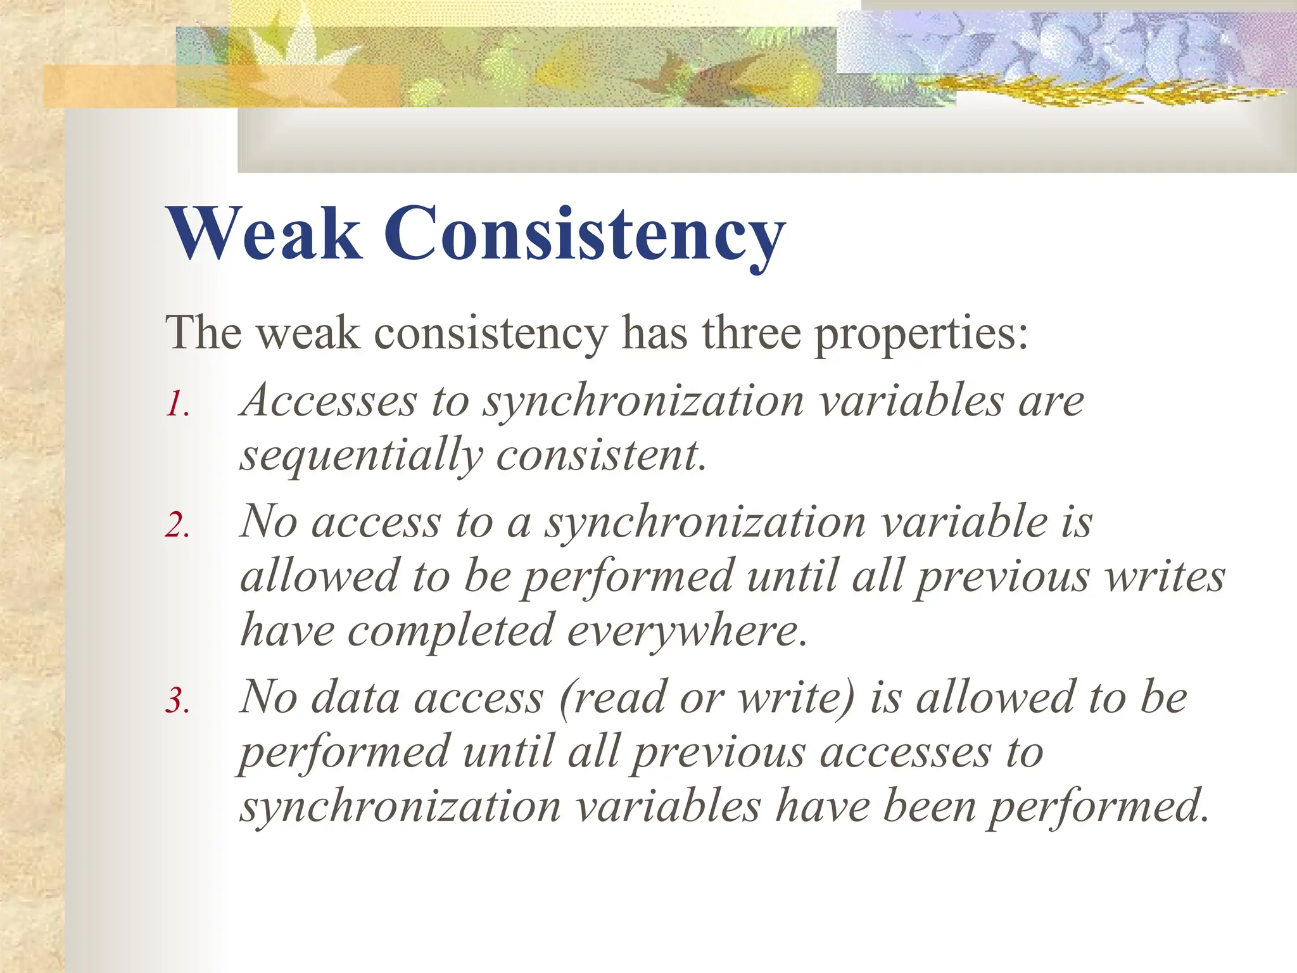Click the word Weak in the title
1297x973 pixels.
point(264,233)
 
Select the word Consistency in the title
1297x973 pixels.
point(585,234)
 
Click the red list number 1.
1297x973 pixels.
point(177,404)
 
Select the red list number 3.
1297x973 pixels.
point(177,701)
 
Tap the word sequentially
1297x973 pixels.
point(361,456)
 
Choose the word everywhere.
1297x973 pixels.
point(687,632)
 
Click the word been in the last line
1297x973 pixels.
point(930,806)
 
